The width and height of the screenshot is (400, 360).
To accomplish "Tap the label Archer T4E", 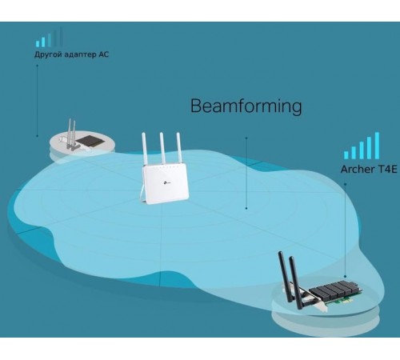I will click(365, 169).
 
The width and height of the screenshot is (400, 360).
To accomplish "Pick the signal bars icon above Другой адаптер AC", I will click(46, 38).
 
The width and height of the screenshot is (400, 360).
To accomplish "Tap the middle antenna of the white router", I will click(161, 147).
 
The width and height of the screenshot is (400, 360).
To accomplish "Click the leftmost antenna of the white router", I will click(147, 149).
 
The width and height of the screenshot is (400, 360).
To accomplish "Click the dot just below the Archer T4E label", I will click(346, 184).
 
